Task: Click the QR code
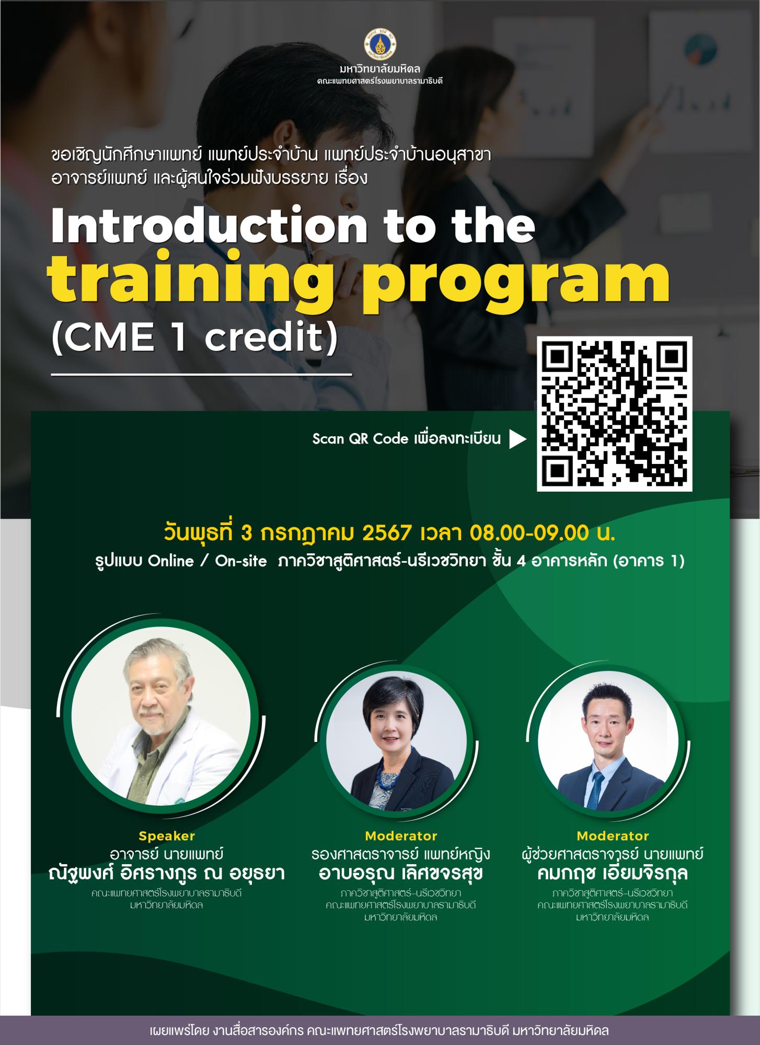615,414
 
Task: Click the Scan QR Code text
360,439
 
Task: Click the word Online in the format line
171,562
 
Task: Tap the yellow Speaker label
167,836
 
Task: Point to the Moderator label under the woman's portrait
401,836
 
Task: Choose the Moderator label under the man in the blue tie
613,836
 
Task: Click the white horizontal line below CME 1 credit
201,375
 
